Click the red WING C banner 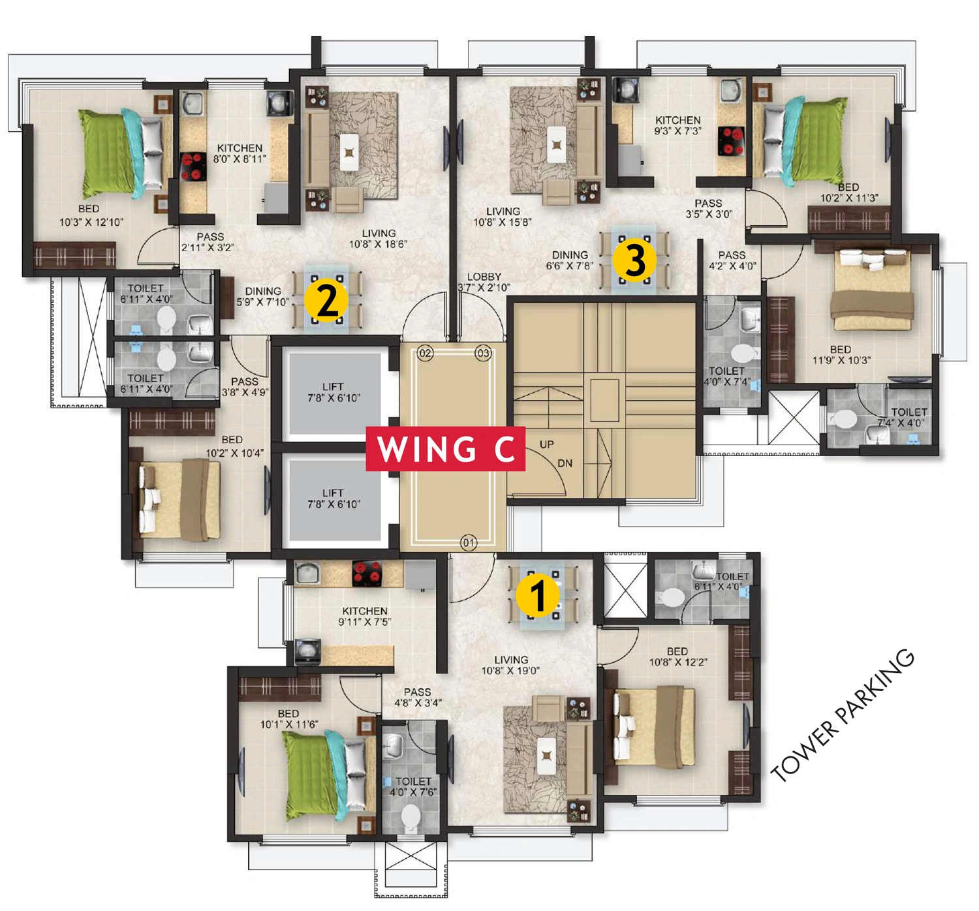click(x=445, y=448)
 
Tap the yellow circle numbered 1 click(x=538, y=596)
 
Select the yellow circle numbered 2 click(x=326, y=301)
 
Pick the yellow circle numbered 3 click(x=634, y=260)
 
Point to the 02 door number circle click(x=425, y=353)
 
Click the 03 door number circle click(x=483, y=353)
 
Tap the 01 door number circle click(x=469, y=543)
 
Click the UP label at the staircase click(x=546, y=444)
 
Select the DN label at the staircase click(x=565, y=463)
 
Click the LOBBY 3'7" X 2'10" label click(x=484, y=282)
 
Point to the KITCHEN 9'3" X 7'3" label click(x=678, y=125)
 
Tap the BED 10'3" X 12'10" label click(x=91, y=215)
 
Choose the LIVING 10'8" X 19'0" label click(x=510, y=665)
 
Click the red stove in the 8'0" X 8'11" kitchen click(x=193, y=167)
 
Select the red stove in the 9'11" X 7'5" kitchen click(x=367, y=574)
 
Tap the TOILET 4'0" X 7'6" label click(x=413, y=787)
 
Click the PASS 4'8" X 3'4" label click(x=418, y=697)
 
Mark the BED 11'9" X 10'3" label click(x=841, y=355)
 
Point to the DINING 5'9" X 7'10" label click(x=263, y=296)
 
